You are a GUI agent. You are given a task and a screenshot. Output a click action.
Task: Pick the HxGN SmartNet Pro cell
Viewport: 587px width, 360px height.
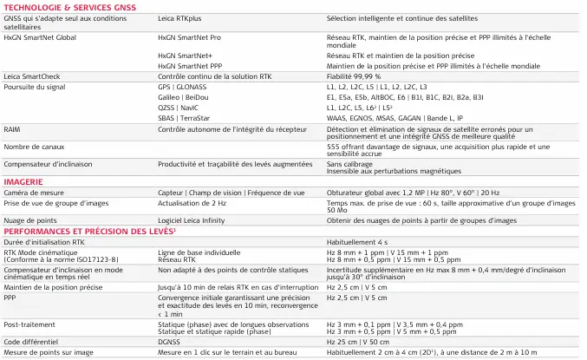(189, 39)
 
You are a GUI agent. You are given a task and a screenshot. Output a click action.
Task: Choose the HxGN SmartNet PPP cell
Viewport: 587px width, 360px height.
(190, 66)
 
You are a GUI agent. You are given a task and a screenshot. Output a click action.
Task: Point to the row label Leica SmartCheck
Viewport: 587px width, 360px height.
(32, 76)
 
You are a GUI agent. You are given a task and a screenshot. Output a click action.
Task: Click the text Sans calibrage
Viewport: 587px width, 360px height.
(349, 162)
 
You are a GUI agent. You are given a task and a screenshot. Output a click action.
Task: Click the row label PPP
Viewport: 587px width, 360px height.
(10, 296)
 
